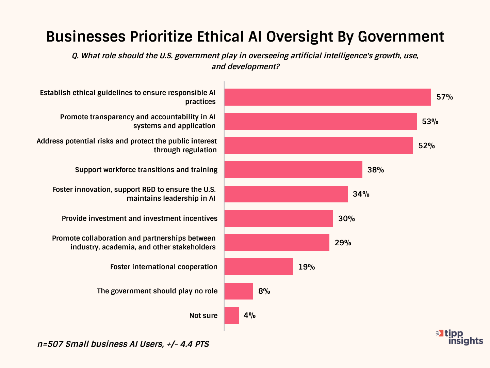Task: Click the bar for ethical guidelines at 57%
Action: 327,97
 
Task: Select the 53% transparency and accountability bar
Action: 320,121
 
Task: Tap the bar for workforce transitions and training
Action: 293,170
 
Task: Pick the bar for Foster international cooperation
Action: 259,267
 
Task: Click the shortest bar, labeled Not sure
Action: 231,316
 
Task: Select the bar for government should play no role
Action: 239,291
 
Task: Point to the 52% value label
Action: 426,146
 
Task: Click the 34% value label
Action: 361,194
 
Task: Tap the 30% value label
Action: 346,219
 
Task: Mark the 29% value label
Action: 343,243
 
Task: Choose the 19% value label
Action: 307,267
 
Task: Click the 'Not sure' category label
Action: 203,316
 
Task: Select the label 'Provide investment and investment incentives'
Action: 140,218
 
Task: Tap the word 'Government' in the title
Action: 401,37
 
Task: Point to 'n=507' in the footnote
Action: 50,344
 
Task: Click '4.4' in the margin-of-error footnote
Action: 186,344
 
